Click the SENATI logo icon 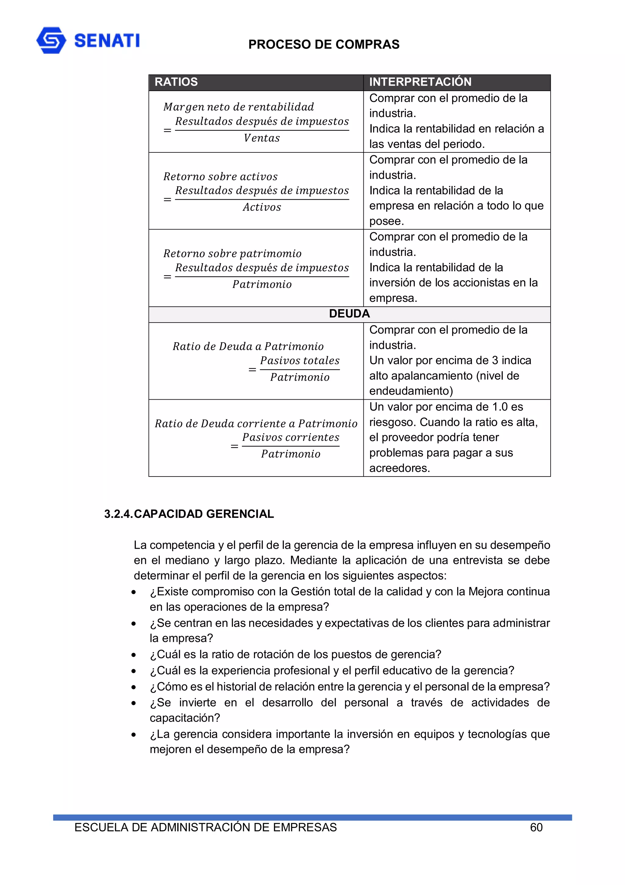click(51, 40)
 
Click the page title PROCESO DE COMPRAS click(323, 44)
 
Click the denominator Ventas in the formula click(262, 138)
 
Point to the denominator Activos click(262, 207)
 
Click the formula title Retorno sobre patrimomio click(232, 254)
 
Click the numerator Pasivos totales click(300, 361)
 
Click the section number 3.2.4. click(118, 514)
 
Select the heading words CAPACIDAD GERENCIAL click(204, 514)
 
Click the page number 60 click(536, 827)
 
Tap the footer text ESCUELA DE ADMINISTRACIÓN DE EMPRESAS click(205, 827)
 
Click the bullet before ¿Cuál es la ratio click(134, 655)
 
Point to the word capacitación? click(184, 718)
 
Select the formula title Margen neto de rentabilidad click(238, 107)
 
